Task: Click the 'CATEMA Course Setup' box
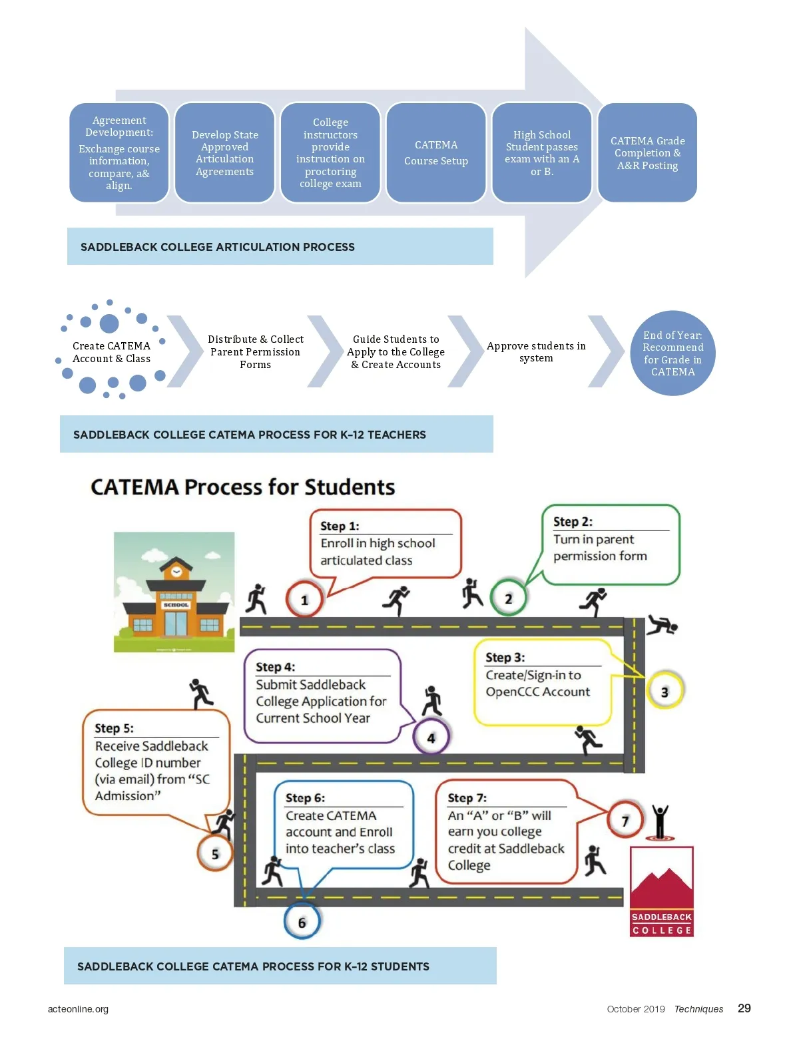(x=436, y=152)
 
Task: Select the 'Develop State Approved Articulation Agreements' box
(x=224, y=152)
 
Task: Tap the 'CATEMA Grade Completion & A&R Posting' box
(x=647, y=152)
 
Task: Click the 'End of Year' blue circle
(x=672, y=353)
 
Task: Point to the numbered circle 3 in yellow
(x=664, y=692)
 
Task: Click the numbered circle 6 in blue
(x=302, y=922)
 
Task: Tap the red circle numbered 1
(x=304, y=600)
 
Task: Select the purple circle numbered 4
(x=431, y=737)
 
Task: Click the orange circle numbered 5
(x=215, y=853)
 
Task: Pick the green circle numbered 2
(x=508, y=598)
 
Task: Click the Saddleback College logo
(x=661, y=891)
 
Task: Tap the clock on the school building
(x=176, y=572)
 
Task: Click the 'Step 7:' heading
(x=467, y=797)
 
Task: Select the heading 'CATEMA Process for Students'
(x=242, y=487)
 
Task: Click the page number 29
(x=744, y=1008)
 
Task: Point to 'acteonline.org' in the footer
(x=78, y=1009)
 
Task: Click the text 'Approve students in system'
(x=536, y=351)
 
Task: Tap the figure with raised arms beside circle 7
(x=660, y=821)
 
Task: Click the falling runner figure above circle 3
(x=662, y=625)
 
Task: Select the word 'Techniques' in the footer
(x=698, y=1009)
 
